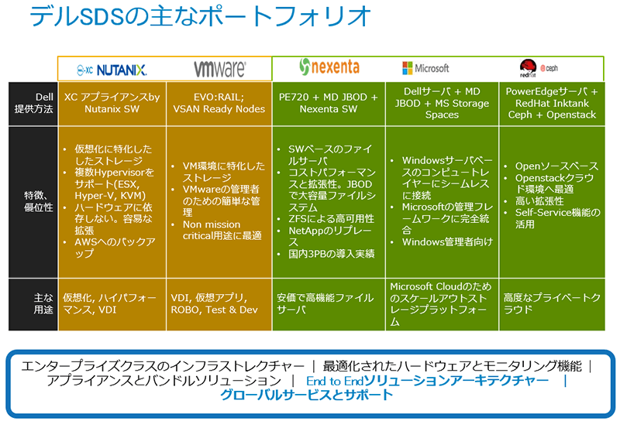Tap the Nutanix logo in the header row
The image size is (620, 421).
pyautogui.click(x=112, y=70)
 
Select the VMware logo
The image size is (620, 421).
pyautogui.click(x=219, y=69)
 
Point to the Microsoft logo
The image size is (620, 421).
pyautogui.click(x=425, y=68)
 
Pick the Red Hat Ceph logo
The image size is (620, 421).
pyautogui.click(x=539, y=67)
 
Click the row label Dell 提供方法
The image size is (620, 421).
pyautogui.click(x=33, y=103)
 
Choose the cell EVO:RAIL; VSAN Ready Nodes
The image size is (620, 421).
pyautogui.click(x=219, y=103)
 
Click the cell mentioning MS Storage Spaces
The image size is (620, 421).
pyautogui.click(x=443, y=103)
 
